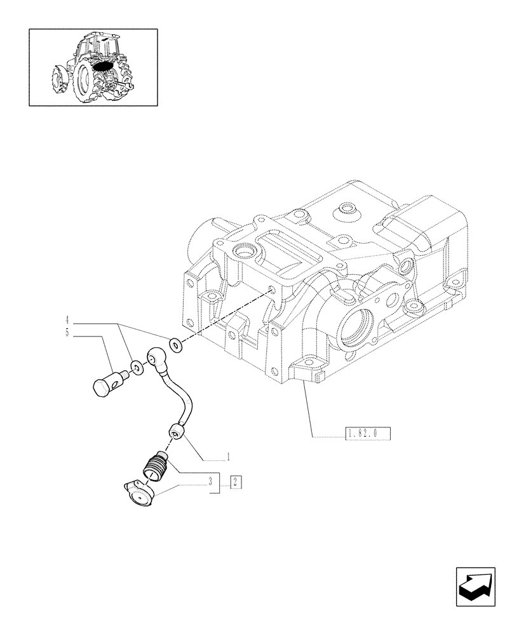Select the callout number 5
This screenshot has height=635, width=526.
point(67,333)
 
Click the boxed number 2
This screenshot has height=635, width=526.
point(235,481)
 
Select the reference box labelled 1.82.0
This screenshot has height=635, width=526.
point(367,434)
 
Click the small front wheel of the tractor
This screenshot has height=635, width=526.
point(58,80)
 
